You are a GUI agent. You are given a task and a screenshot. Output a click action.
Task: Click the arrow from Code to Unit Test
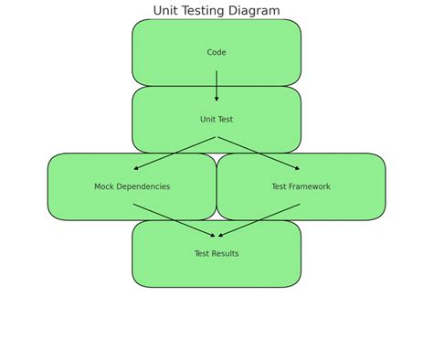point(216,85)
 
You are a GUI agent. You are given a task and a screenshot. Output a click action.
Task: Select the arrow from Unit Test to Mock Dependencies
point(174,154)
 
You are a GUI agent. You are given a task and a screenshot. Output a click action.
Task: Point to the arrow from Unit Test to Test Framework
point(259,154)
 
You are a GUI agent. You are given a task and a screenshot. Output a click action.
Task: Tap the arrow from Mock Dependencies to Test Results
point(174,220)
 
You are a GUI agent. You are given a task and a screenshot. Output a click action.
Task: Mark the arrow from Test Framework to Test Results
point(259,220)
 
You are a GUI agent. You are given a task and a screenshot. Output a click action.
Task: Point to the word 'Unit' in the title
point(165,11)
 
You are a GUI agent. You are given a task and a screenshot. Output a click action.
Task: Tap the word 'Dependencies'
point(145,186)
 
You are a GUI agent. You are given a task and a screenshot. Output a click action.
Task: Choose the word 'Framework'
point(311,186)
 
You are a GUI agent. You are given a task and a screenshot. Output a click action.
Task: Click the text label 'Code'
point(216,53)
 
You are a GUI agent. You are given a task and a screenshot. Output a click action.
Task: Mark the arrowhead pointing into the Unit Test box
point(216,99)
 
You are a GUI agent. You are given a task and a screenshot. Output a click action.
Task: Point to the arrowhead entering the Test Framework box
point(297,168)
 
